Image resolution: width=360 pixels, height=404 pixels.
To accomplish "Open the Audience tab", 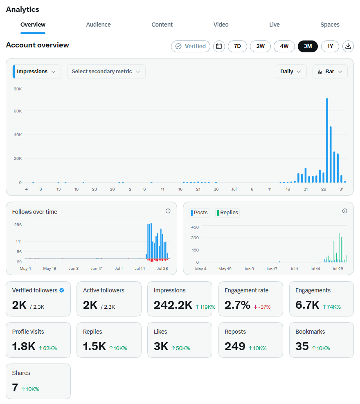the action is [x=98, y=25].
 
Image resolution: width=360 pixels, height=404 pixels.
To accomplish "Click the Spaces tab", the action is [x=330, y=25].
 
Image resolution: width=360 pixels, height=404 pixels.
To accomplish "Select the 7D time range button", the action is [x=237, y=46].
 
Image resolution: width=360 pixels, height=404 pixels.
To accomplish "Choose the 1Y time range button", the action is [x=330, y=46].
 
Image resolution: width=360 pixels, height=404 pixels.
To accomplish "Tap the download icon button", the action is [x=348, y=46].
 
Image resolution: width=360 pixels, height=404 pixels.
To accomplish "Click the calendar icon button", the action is [x=219, y=46].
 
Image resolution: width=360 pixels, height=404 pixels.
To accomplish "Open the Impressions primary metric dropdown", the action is [x=36, y=72].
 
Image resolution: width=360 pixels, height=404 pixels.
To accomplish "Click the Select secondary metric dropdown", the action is [x=106, y=72].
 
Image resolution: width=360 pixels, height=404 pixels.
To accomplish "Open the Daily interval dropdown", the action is [x=291, y=72].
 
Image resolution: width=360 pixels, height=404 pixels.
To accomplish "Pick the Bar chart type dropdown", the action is [x=330, y=72].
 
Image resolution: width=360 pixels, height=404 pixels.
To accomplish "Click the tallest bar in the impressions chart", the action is [x=327, y=140].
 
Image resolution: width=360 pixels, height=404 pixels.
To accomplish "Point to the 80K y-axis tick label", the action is [x=18, y=89].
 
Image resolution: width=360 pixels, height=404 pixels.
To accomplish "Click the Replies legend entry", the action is [x=227, y=213].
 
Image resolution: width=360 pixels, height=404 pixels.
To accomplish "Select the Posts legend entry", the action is [x=199, y=213].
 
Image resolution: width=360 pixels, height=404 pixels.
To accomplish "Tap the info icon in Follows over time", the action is [x=168, y=211].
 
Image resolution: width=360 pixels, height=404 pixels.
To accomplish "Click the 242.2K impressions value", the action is [x=173, y=305].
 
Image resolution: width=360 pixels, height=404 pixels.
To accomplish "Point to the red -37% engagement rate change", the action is [x=262, y=307].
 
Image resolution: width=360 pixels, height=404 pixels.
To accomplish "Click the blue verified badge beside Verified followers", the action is [x=62, y=290].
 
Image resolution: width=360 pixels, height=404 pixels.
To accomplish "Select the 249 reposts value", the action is [x=235, y=346].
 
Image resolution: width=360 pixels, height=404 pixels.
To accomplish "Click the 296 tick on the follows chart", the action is [x=18, y=224].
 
